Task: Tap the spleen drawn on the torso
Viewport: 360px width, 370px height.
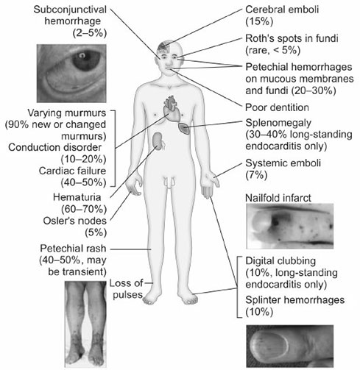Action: tap(184, 128)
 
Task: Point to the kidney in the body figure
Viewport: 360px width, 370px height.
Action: tap(158, 140)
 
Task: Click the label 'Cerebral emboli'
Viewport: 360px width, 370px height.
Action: tap(282, 10)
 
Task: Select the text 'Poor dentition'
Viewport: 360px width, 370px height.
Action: tap(277, 107)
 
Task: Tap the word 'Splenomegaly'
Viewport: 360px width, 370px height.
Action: tap(278, 123)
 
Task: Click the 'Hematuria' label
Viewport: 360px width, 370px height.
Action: tap(77, 197)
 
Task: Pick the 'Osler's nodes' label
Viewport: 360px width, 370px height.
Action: tap(75, 221)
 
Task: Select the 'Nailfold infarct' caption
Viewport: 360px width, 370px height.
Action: tap(278, 198)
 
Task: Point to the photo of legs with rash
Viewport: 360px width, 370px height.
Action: tap(85, 324)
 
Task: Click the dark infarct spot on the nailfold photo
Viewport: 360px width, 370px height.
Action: tap(275, 222)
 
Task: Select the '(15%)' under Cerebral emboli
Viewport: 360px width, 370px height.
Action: tap(259, 21)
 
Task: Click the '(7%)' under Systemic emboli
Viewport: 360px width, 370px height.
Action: tap(256, 175)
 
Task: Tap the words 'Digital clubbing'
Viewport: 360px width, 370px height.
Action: tap(280, 260)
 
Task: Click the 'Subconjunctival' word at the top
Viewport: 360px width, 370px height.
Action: tap(70, 10)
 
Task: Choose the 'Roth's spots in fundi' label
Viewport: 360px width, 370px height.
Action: tap(292, 38)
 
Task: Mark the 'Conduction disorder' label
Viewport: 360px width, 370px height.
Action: tap(54, 147)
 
